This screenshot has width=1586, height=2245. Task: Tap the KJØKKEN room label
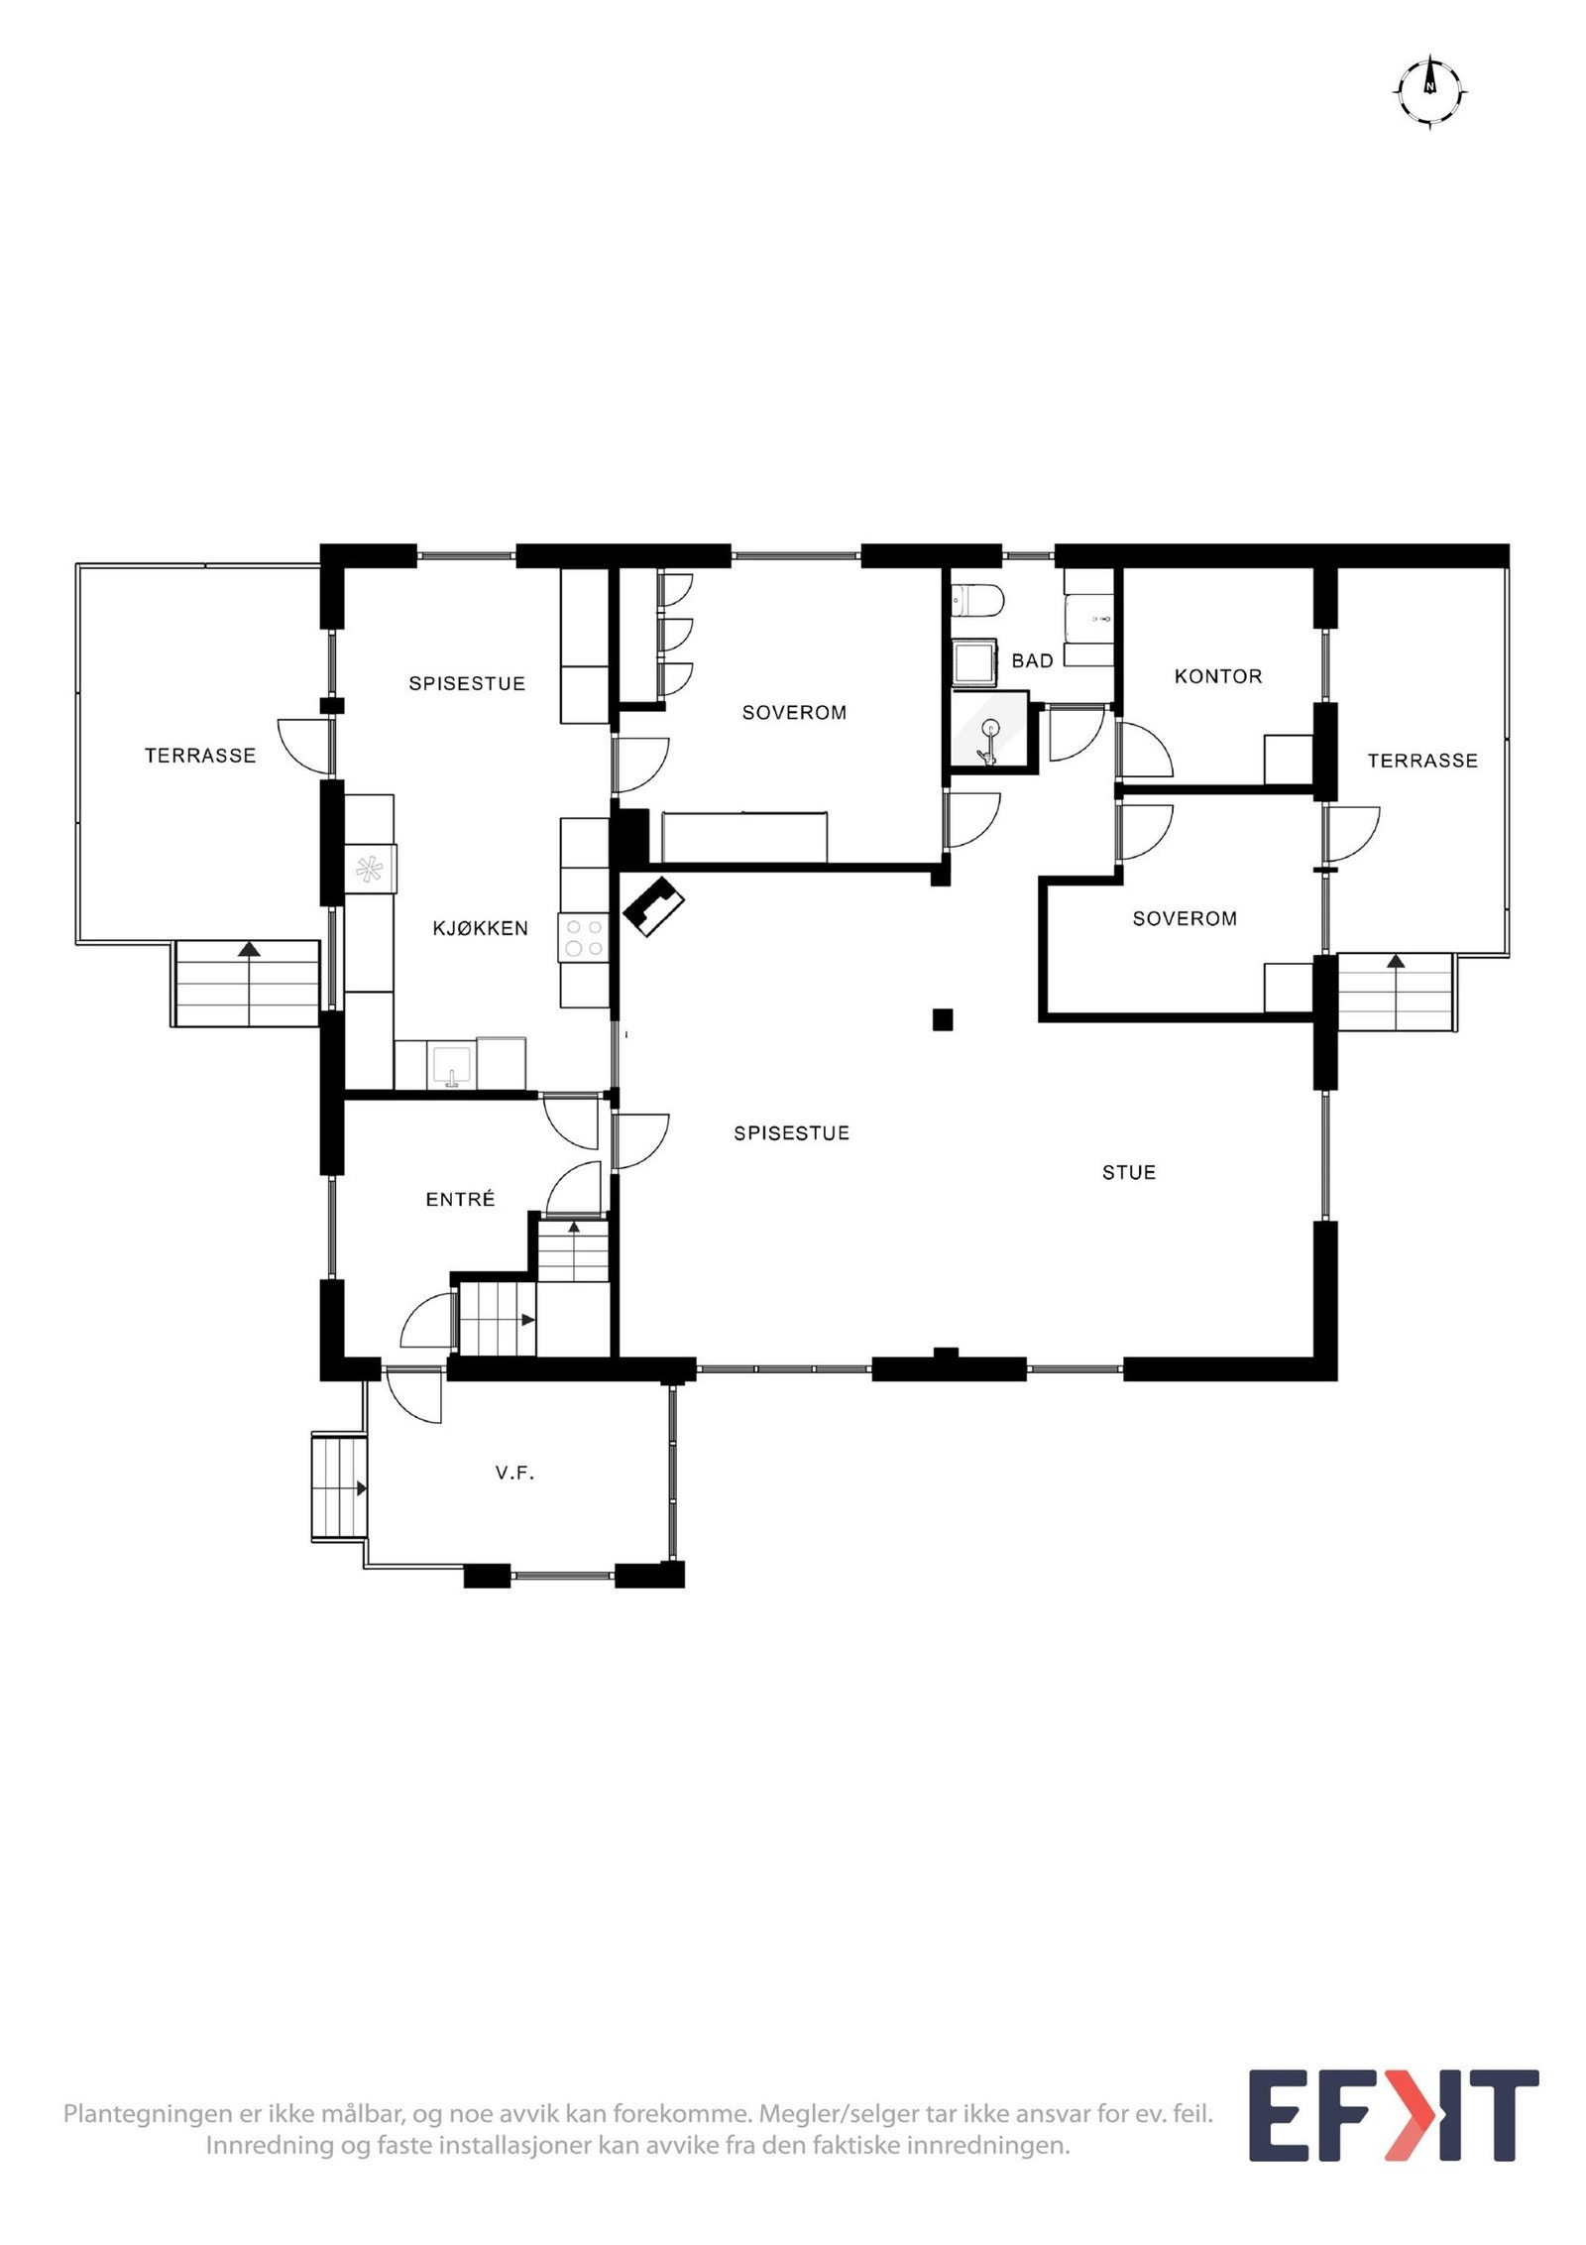(x=480, y=928)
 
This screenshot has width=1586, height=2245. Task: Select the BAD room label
(x=1032, y=660)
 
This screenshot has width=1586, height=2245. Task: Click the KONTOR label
(x=1218, y=676)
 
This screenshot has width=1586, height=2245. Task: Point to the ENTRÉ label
(x=460, y=1199)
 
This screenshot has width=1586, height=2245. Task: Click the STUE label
(x=1129, y=1172)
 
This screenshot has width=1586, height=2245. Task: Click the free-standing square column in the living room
(x=943, y=1018)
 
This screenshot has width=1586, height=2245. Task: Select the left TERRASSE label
(x=200, y=756)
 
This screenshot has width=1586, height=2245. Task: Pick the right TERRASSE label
(x=1422, y=761)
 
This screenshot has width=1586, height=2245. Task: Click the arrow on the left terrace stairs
(x=249, y=949)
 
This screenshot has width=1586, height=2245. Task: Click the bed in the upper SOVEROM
(x=743, y=836)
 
